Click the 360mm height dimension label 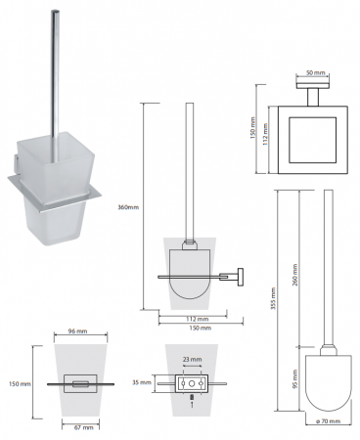point(128,207)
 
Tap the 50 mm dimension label point(315,72)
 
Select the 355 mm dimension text point(273,298)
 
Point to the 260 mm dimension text point(295,275)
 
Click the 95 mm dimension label point(295,378)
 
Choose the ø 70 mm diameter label point(329,421)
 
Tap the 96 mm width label point(77,331)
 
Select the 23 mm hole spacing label point(192,360)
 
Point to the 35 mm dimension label point(142,382)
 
